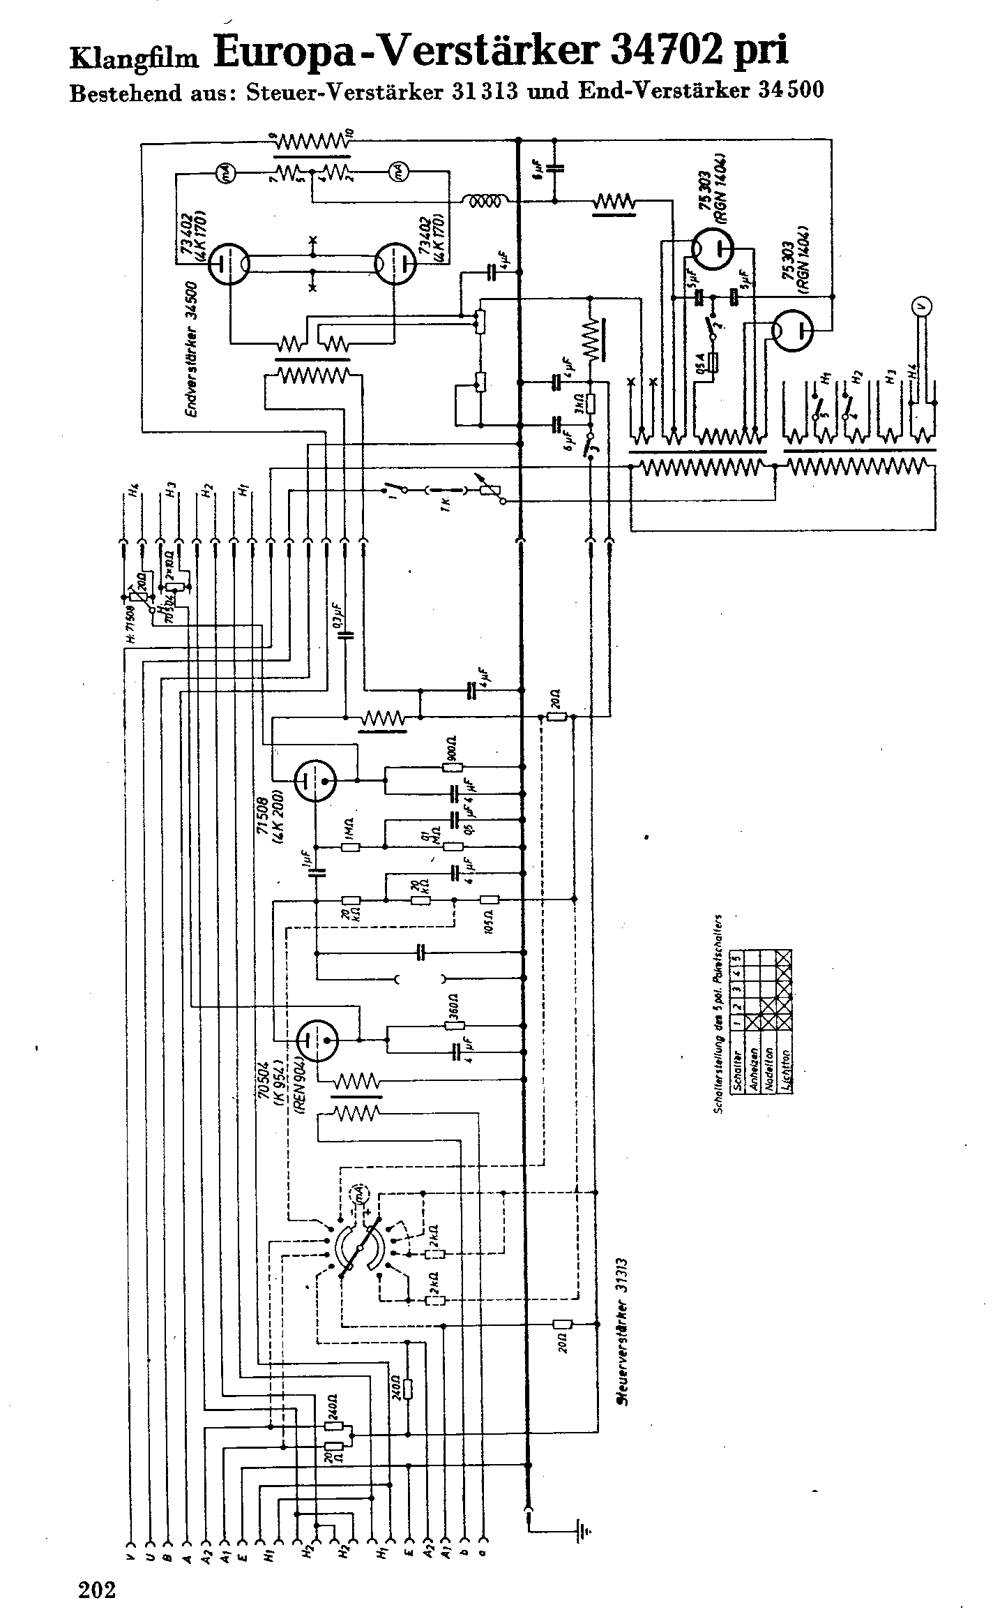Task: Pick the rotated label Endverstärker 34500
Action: pos(192,349)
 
